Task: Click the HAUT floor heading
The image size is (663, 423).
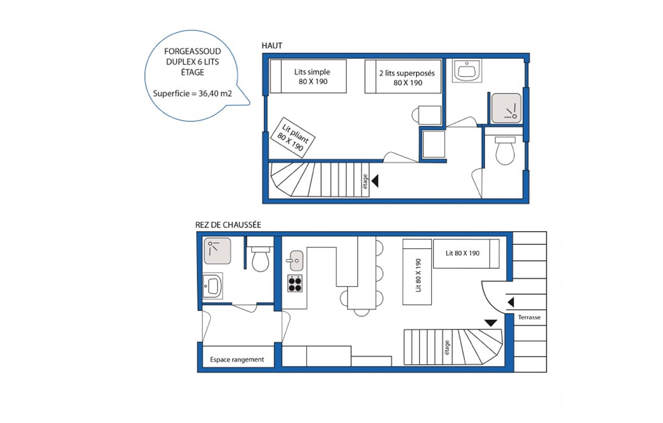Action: pos(272,46)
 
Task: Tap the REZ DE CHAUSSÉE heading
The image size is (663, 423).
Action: pos(228,225)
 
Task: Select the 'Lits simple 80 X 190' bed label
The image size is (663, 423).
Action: pos(312,77)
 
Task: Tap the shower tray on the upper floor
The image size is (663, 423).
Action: pos(506,108)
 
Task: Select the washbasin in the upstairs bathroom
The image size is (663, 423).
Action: pos(467,71)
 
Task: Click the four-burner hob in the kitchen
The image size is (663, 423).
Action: pos(295,283)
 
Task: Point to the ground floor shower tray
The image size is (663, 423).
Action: pos(217,251)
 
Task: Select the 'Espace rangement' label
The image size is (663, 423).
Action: pos(237,359)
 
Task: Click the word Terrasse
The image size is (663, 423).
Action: pos(529,317)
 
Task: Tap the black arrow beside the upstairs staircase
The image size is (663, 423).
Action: pos(375,181)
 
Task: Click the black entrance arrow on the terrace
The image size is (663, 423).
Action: pos(511,302)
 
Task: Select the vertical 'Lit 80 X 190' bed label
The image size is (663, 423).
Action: pos(418,275)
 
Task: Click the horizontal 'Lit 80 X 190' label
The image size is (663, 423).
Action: pos(462,253)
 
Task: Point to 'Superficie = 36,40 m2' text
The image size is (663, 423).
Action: pos(192,94)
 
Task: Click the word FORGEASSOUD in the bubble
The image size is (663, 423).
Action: pos(192,51)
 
